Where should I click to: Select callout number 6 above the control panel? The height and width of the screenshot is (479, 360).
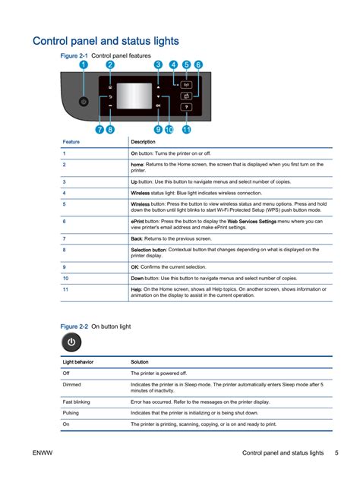click(x=198, y=66)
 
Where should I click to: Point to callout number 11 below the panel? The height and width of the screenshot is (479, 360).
click(x=186, y=130)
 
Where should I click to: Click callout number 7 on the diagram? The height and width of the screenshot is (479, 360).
click(x=99, y=130)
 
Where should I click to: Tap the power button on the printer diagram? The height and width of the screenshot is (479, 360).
click(x=84, y=100)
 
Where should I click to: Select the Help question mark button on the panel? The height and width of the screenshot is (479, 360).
click(x=186, y=108)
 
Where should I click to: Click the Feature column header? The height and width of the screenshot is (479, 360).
click(x=71, y=142)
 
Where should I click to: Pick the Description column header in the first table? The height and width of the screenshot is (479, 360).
click(x=143, y=142)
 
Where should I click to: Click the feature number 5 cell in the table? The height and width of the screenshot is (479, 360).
click(x=64, y=204)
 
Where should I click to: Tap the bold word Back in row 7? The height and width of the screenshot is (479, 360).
click(x=136, y=238)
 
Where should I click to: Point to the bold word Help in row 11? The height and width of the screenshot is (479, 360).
click(x=136, y=289)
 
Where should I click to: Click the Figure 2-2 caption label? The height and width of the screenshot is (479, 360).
click(x=74, y=326)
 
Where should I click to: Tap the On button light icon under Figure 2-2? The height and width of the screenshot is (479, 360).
click(x=71, y=343)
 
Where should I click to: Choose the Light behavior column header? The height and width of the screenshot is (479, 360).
click(x=77, y=362)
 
